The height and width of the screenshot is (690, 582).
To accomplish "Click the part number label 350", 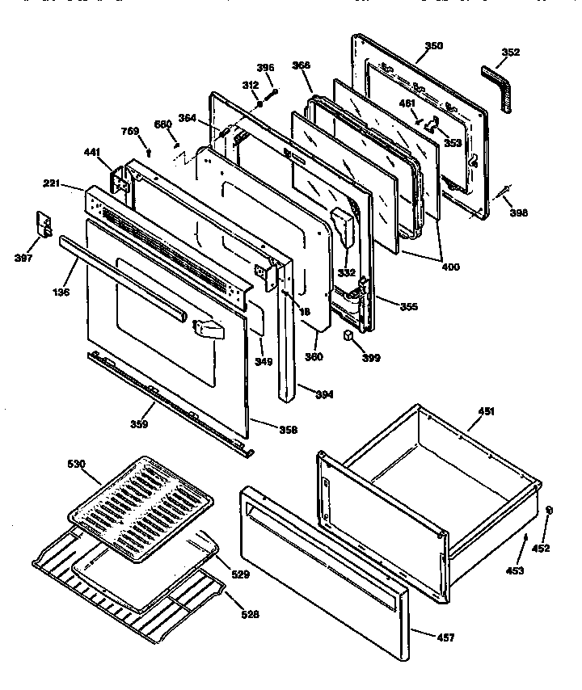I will tap(433, 46).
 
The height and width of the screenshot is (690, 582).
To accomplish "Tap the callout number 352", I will tap(510, 53).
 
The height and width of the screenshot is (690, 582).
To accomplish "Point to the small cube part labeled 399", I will tap(348, 335).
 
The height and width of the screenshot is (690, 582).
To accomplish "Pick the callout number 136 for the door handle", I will tap(61, 291).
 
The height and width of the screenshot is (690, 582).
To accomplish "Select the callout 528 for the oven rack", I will tap(250, 613).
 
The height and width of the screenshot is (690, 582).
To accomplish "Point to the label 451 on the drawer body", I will tap(485, 411).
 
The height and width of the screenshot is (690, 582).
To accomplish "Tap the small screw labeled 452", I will tap(550, 510).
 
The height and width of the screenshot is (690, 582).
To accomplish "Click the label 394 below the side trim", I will tap(323, 394).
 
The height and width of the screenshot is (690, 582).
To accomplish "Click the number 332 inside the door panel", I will tap(346, 272).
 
